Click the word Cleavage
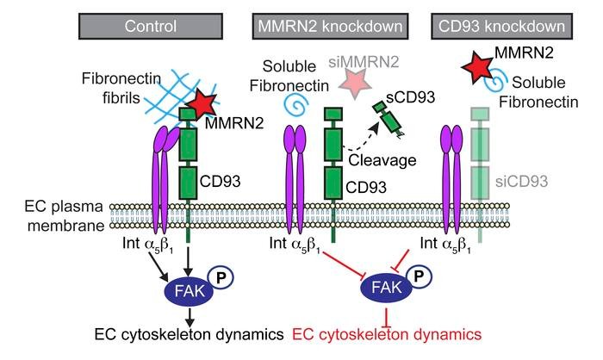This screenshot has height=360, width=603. (374, 160)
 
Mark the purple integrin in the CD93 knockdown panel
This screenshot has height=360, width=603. (453, 172)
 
